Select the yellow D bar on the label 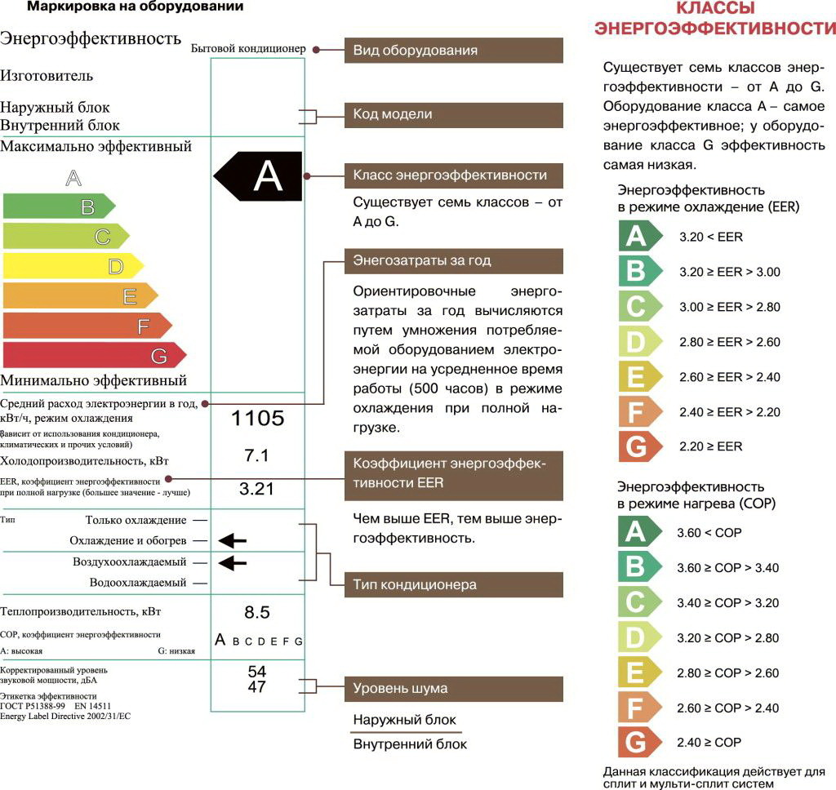(73, 266)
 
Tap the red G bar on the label (94, 356)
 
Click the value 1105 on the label (258, 419)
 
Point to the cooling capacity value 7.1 (257, 455)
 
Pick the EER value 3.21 (257, 489)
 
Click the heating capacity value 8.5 (257, 612)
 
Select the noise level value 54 (257, 671)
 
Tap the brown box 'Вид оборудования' (453, 51)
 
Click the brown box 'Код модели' (453, 115)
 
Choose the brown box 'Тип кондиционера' (453, 584)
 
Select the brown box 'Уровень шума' (453, 689)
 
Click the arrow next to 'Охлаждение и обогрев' (233, 539)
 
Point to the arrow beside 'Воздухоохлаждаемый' (233, 561)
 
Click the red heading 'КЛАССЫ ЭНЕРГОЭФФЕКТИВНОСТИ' (715, 19)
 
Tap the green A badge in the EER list (635, 237)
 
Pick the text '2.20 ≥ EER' (710, 446)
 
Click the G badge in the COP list (634, 743)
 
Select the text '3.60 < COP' (709, 533)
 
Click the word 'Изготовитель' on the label (47, 76)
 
